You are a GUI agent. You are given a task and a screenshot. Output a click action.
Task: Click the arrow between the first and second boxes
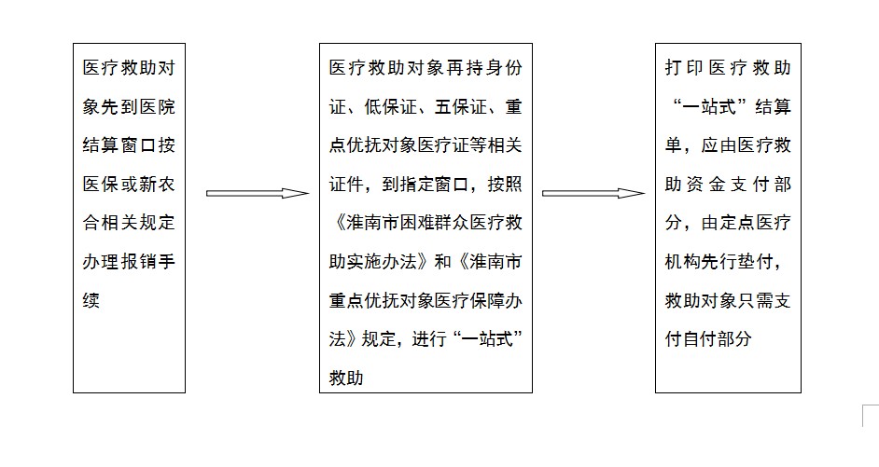(x=257, y=193)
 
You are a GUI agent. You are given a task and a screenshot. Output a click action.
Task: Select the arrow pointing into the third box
(x=593, y=193)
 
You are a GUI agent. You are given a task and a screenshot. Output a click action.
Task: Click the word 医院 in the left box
(x=157, y=106)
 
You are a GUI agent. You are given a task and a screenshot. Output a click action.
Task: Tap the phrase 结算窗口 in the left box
(x=119, y=145)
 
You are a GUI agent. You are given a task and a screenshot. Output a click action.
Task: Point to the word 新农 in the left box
(x=157, y=184)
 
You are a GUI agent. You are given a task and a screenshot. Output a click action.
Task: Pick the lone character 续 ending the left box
(x=91, y=300)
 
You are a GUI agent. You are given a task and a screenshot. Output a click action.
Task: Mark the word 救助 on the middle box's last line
(x=346, y=378)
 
